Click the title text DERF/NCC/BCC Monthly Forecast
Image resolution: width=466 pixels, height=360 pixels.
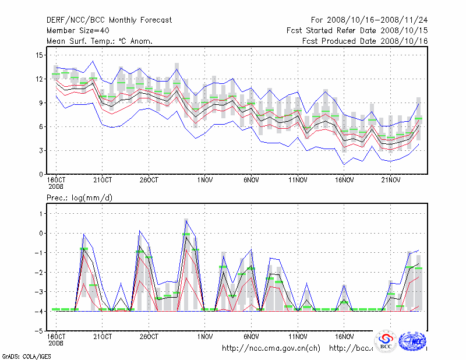tap(110, 20)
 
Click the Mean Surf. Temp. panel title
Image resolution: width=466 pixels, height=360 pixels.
tap(100, 41)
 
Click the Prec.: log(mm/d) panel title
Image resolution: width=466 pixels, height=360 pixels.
tap(80, 198)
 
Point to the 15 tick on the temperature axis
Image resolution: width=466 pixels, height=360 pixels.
tap(40, 55)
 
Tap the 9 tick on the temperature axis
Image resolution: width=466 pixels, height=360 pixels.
tap(41, 103)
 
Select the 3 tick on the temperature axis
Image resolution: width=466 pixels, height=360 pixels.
tap(41, 151)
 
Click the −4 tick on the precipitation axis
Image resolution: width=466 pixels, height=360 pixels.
tap(39, 312)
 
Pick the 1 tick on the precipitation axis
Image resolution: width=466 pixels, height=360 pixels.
tap(41, 214)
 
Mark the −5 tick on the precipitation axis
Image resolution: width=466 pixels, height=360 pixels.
tap(39, 331)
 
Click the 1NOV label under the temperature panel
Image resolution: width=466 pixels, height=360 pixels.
tap(204, 179)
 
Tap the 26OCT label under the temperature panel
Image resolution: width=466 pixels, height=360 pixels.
tap(149, 179)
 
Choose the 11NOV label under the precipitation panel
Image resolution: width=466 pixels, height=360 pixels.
tap(298, 337)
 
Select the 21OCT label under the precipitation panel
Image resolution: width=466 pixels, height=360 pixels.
tap(103, 337)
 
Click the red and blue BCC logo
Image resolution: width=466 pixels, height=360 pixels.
tap(386, 341)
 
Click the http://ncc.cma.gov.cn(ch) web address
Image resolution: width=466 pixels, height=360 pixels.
tap(271, 348)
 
